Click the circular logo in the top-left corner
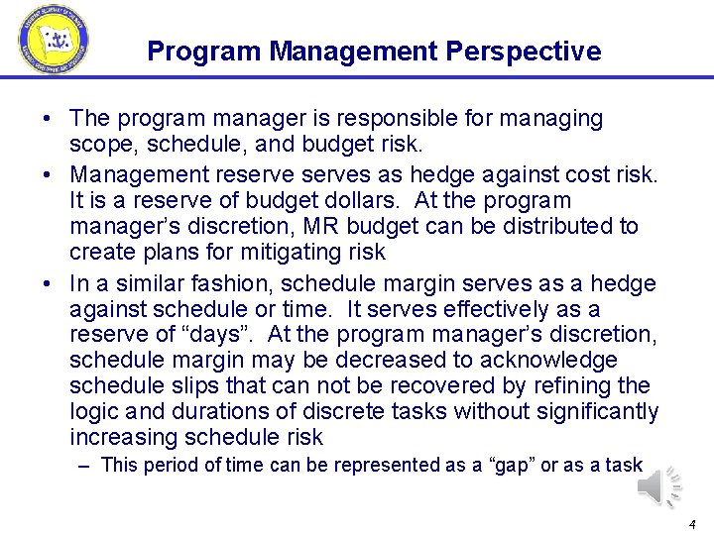tap(53, 40)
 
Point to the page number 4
tap(691, 523)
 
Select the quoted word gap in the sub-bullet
tap(511, 465)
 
